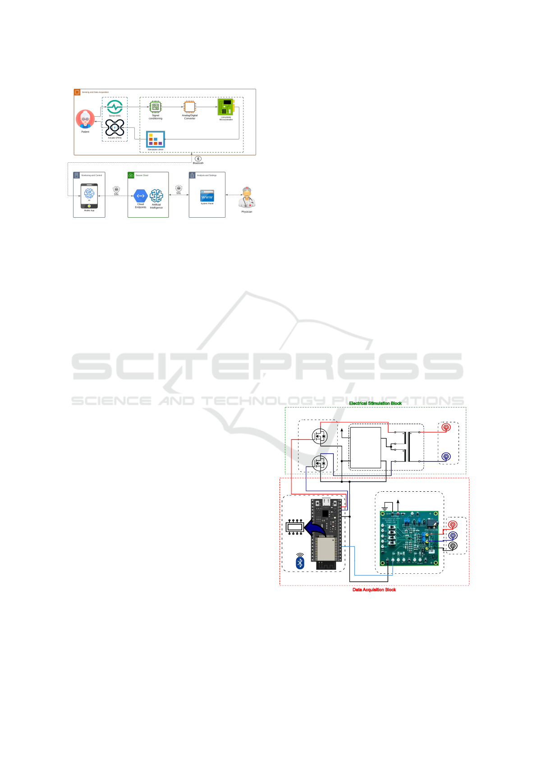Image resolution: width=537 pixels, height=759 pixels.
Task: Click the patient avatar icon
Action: (x=85, y=119)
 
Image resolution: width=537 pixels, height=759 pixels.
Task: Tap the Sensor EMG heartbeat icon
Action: (x=115, y=107)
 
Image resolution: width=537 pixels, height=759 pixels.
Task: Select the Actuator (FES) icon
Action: (x=115, y=128)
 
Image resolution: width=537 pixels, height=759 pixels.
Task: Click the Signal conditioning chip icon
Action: (x=156, y=107)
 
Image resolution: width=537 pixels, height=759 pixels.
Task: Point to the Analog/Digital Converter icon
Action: (x=190, y=107)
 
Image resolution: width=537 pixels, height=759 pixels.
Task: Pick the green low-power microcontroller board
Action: (x=226, y=107)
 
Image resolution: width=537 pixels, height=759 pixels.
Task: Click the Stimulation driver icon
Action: (x=156, y=139)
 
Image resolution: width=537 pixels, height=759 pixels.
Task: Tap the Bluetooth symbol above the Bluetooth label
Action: (x=198, y=159)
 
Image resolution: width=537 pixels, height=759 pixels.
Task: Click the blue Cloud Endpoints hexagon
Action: (x=141, y=196)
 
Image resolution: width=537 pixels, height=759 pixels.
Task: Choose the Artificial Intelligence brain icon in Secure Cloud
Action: (x=156, y=196)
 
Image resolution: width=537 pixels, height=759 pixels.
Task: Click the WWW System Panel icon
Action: (x=207, y=196)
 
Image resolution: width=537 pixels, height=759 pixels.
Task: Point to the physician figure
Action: (x=247, y=198)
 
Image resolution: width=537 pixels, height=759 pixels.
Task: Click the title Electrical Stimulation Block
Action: (x=375, y=403)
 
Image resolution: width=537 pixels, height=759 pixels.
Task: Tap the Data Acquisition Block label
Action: (x=374, y=590)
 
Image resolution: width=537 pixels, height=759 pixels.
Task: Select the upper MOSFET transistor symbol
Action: (x=320, y=436)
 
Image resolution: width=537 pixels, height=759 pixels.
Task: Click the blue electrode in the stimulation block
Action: (x=446, y=457)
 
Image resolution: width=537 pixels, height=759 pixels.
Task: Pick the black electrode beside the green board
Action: (x=453, y=546)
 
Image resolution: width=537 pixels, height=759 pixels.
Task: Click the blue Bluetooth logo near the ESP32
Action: (x=300, y=562)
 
